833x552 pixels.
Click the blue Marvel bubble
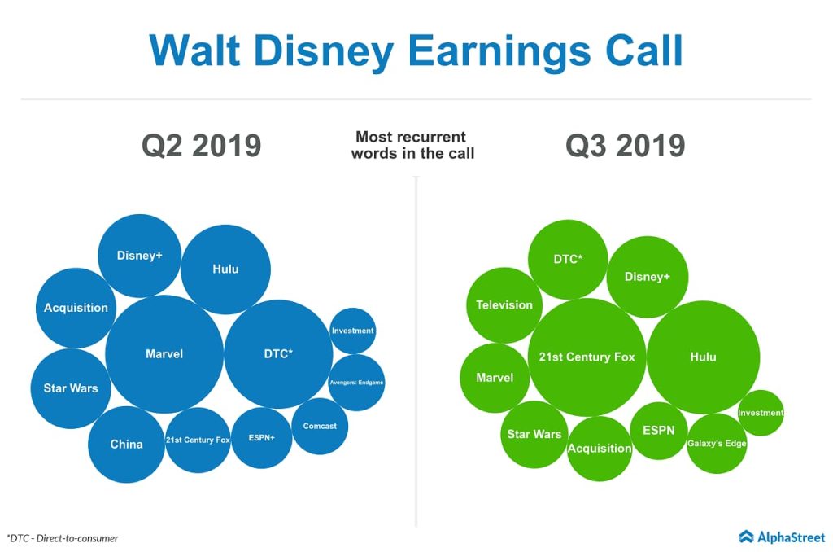(x=164, y=354)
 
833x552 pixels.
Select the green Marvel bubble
(x=495, y=378)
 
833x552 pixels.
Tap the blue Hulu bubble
(x=225, y=269)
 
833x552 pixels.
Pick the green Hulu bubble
(x=703, y=357)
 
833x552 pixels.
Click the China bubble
(x=126, y=445)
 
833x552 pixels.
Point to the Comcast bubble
(x=320, y=426)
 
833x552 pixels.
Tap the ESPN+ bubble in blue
(x=261, y=438)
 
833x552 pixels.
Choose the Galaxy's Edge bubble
(x=716, y=444)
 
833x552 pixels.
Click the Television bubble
(x=504, y=305)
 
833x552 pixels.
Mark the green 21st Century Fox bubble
(x=587, y=357)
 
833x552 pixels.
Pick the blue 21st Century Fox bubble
(x=198, y=440)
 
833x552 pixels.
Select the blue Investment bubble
(x=353, y=331)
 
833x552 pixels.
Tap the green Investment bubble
(x=761, y=413)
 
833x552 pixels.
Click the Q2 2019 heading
(x=201, y=146)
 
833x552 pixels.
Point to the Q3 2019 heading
(x=625, y=146)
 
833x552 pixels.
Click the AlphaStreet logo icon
(x=747, y=537)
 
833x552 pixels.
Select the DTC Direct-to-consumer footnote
(x=63, y=538)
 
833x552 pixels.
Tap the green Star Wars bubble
(x=534, y=434)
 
